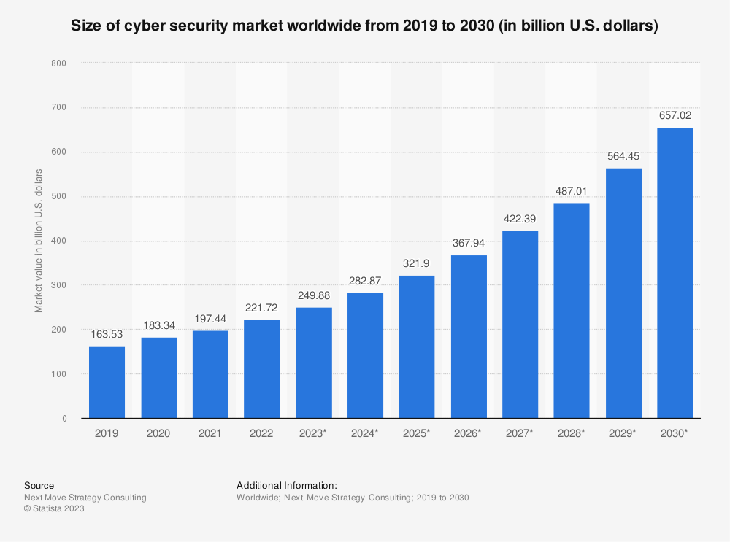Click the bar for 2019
coord(107,382)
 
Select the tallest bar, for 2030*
coord(675,273)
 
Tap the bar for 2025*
coord(417,347)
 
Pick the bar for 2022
coord(262,369)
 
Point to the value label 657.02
coord(675,115)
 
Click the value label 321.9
coord(417,263)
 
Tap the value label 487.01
coord(572,191)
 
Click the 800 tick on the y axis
coord(59,63)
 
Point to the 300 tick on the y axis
coord(59,285)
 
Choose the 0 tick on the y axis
coord(64,419)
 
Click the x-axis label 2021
coord(210,433)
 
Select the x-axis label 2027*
coord(520,433)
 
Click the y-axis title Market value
coord(39,241)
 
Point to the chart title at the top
coord(364,27)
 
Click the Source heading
coord(39,485)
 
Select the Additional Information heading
coord(286,485)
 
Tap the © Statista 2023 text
coord(54,509)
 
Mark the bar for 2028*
coord(572,311)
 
